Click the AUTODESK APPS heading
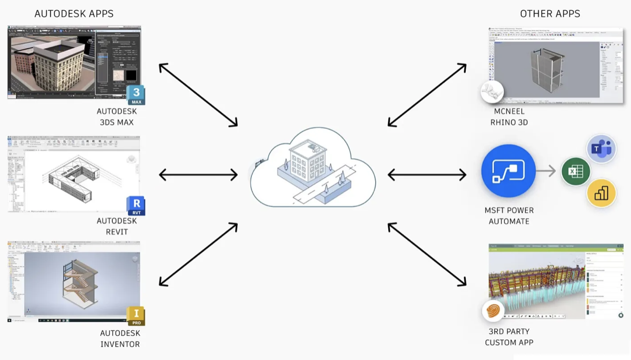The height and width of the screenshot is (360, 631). [x=74, y=14]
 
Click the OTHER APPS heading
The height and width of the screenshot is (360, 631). [x=550, y=14]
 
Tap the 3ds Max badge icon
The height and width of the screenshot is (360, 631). [x=136, y=95]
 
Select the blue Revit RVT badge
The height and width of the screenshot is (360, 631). [x=136, y=206]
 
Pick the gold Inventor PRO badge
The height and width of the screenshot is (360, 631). [x=136, y=315]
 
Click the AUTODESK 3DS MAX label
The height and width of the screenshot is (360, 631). [x=116, y=117]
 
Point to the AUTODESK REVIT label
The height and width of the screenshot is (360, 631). [x=116, y=226]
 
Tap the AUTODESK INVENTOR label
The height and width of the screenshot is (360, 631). [x=120, y=338]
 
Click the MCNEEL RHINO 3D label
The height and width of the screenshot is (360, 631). [x=509, y=117]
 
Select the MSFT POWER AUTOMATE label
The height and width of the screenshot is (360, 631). [x=509, y=216]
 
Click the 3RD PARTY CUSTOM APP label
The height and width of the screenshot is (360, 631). [x=509, y=337]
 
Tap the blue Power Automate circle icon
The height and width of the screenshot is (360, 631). [x=508, y=171]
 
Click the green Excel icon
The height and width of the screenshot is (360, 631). [x=576, y=171]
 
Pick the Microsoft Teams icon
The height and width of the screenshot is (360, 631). [x=601, y=149]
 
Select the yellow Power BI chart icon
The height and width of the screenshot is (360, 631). [x=601, y=193]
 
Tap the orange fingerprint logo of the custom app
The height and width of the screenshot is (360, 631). [x=493, y=311]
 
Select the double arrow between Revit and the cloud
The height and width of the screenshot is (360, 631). [x=198, y=175]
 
